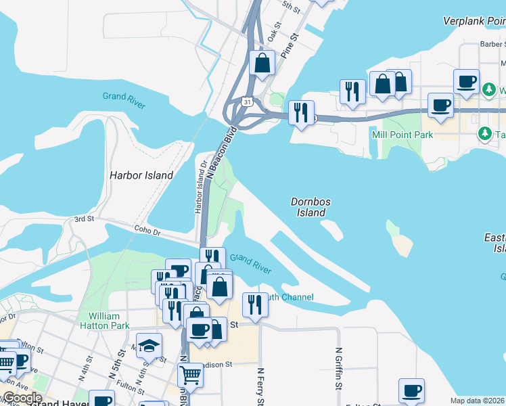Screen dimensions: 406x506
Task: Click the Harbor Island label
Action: pyautogui.click(x=141, y=175)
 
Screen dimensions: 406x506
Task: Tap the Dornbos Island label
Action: pyautogui.click(x=311, y=206)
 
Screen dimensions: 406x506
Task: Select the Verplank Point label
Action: pyautogui.click(x=474, y=21)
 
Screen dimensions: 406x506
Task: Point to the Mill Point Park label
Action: pyautogui.click(x=402, y=135)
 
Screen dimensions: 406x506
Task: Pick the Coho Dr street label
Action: pyautogui.click(x=146, y=231)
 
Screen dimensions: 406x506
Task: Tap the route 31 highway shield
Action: pyautogui.click(x=248, y=101)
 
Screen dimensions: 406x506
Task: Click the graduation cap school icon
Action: pyautogui.click(x=149, y=345)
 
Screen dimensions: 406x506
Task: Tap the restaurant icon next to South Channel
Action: pyautogui.click(x=255, y=304)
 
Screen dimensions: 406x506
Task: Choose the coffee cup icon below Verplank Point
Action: pyautogui.click(x=466, y=81)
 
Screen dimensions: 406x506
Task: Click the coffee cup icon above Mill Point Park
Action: pyautogui.click(x=440, y=105)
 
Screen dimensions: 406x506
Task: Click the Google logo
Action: pyautogui.click(x=22, y=398)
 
